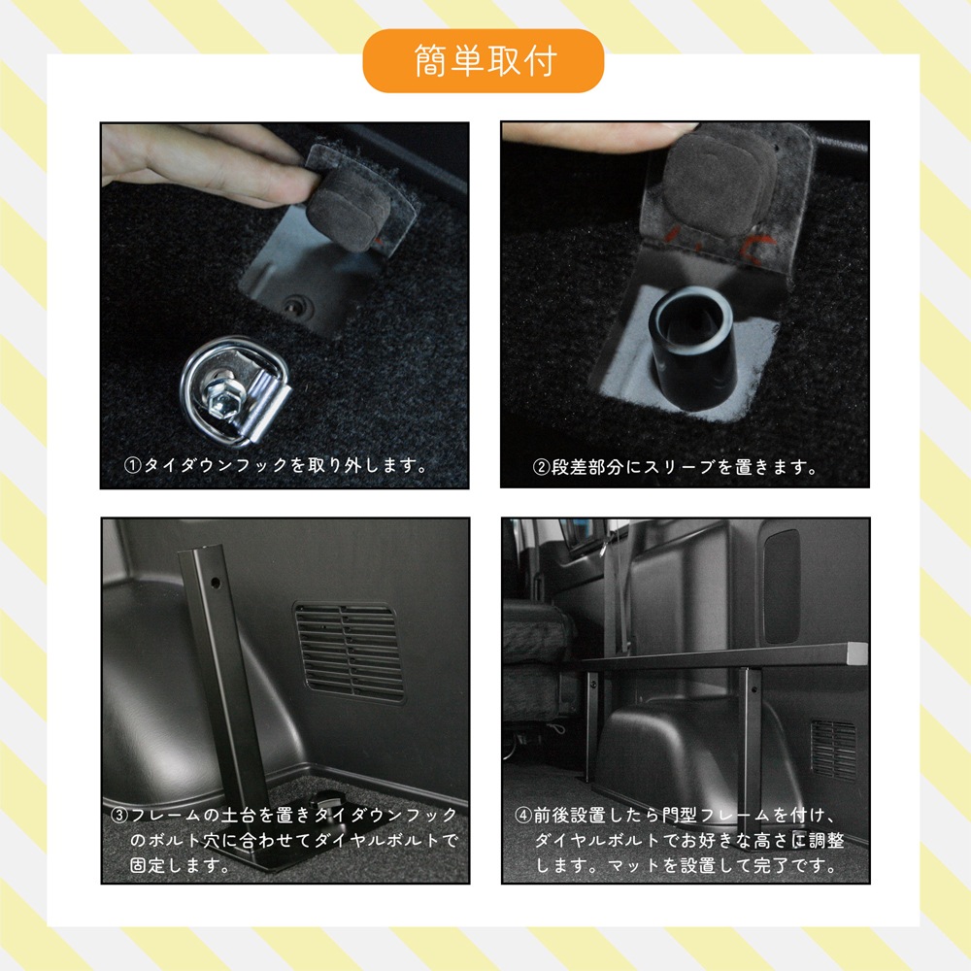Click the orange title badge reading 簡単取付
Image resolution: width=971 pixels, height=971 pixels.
click(483, 60)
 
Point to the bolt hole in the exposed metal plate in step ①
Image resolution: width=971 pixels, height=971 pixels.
click(295, 305)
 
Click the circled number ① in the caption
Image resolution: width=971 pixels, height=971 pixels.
click(133, 466)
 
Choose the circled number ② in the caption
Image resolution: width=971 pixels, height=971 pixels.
click(542, 467)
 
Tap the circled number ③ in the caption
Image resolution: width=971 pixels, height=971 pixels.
click(117, 815)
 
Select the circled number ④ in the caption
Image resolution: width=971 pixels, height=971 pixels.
click(522, 815)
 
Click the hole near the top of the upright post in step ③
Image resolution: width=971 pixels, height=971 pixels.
click(213, 585)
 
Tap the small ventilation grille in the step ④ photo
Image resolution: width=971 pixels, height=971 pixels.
click(832, 748)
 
